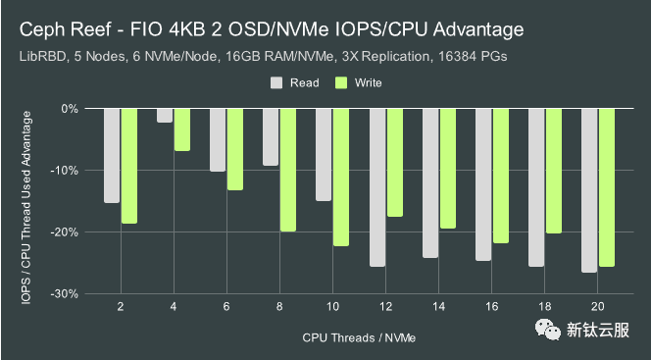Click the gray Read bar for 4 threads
click(x=165, y=116)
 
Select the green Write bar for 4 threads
click(x=181, y=129)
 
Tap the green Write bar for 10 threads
click(x=340, y=177)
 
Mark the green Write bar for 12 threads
click(x=394, y=162)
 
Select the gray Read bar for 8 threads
click(x=271, y=137)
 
